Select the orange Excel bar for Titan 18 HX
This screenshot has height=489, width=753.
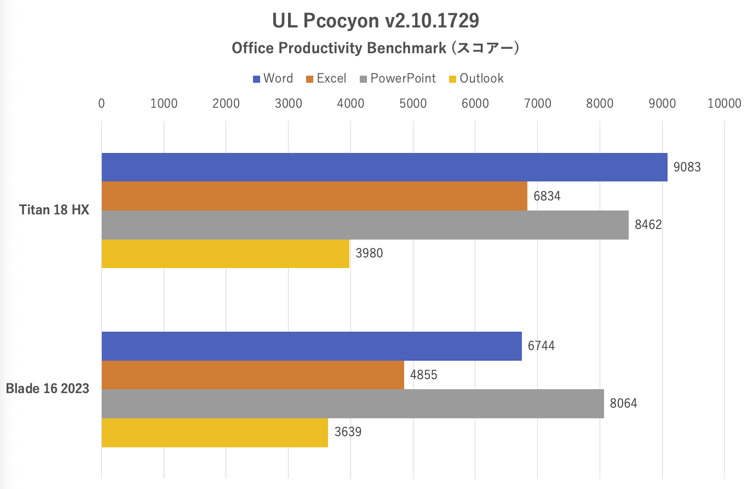314,196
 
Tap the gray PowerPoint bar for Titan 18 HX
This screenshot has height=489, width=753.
365,225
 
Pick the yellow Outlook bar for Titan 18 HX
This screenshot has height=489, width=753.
225,254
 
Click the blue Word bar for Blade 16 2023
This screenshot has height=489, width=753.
312,346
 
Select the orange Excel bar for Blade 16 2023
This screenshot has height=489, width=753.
252,375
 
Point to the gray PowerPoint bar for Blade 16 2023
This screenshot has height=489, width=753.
353,403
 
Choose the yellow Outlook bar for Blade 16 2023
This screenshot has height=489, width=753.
215,433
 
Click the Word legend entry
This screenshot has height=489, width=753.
273,78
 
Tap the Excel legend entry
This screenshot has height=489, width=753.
326,78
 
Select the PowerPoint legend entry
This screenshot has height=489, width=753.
398,78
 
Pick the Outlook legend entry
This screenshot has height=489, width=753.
476,78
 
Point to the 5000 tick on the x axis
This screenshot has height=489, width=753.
413,103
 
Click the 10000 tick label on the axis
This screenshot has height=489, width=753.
724,103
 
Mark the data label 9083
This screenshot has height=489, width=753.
687,167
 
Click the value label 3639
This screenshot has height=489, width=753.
348,432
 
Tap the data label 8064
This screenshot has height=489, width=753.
623,403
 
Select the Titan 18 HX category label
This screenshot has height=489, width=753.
54,210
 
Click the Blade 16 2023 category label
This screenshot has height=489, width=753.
48,389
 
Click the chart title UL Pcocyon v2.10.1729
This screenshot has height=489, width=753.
376,21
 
